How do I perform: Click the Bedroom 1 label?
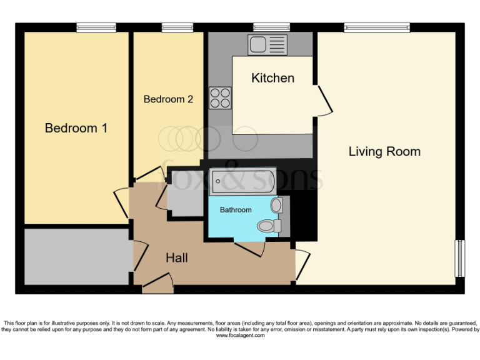76,128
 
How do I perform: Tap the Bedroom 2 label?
168,99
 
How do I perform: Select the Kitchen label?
272,78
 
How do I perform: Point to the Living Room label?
384,151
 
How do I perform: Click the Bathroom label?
236,210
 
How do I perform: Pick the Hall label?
176,257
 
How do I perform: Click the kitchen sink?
267,44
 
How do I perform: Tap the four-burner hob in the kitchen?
220,97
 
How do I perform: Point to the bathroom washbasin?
277,204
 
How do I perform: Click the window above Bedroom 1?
96,27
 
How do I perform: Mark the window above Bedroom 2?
177,27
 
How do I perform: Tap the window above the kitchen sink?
271,27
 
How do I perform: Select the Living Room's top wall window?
376,27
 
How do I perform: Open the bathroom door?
249,248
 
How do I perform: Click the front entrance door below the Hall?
157,286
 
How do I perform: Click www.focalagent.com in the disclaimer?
240,336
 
